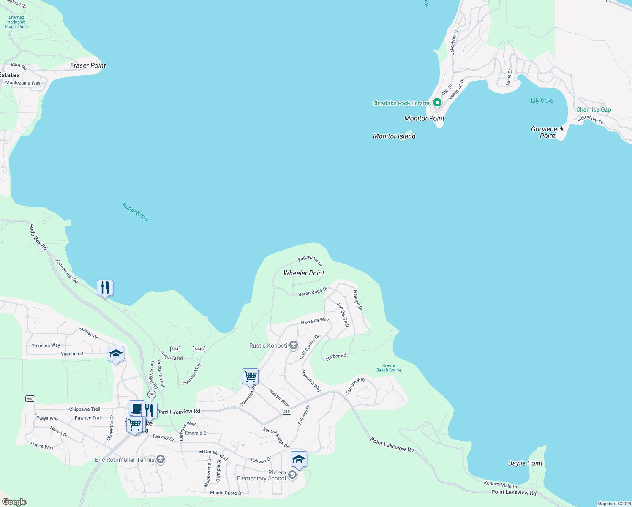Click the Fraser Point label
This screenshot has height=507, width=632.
point(88,65)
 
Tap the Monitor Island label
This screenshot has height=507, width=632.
point(394,136)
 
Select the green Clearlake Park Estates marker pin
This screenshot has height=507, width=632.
point(437,102)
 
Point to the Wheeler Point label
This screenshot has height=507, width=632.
point(304,273)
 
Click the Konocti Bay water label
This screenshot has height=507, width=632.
point(135,212)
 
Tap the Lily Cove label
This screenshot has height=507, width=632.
point(542,101)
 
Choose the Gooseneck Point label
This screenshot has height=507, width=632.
point(548,132)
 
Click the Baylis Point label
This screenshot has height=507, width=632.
point(525,463)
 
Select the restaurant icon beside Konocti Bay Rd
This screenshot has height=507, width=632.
point(105,288)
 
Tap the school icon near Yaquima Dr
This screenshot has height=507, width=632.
point(116,354)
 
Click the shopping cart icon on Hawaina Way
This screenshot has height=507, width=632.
point(250,375)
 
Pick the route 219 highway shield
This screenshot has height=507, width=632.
point(287,412)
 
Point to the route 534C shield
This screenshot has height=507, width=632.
point(199,349)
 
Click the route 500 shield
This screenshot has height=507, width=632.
point(30,399)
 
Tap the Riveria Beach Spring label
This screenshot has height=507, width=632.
point(389,368)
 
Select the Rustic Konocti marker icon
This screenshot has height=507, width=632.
point(293,346)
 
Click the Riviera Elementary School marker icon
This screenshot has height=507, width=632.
point(292,476)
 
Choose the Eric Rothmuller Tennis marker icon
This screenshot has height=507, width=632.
point(160,460)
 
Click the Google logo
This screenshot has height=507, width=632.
point(14,502)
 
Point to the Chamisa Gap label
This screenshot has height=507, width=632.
point(594,109)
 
